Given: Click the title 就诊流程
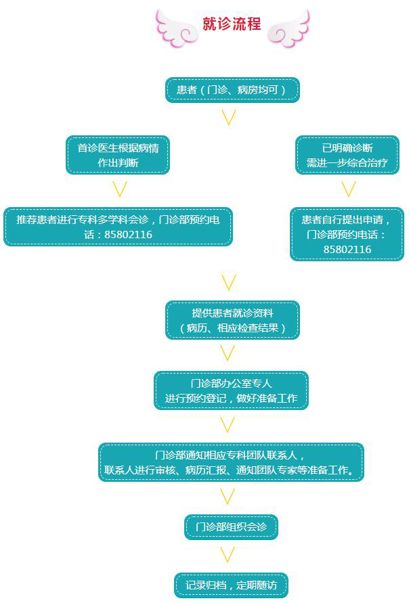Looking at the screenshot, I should click(232, 24).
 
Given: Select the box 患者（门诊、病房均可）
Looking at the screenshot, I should click(232, 89).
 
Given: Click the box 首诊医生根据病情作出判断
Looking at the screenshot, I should click(118, 155).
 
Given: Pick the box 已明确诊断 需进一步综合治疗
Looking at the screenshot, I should click(347, 155).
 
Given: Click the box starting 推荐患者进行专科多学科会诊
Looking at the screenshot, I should click(118, 227).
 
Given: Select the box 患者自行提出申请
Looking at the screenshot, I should click(347, 234).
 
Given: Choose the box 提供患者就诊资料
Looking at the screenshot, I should click(232, 320).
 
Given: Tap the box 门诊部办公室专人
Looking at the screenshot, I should click(231, 390).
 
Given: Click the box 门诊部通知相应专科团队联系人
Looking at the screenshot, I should click(231, 462).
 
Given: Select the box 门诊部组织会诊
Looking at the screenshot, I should click(231, 527).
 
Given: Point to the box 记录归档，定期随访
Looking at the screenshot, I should click(231, 585).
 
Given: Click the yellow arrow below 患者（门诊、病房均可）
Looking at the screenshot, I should click(229, 118).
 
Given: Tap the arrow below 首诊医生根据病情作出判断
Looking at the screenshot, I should click(119, 188).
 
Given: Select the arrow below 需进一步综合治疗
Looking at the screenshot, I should click(348, 188).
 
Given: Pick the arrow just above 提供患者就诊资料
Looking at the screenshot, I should click(229, 282).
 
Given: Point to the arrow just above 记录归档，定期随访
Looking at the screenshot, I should click(228, 556).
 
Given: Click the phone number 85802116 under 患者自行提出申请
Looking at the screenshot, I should click(347, 250).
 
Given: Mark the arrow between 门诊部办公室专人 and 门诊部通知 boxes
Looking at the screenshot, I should click(228, 425).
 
